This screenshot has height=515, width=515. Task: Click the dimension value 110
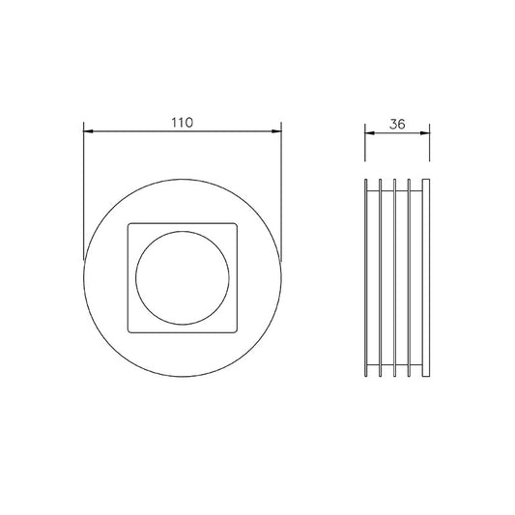point(183,123)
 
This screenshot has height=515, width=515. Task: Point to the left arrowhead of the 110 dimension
point(88,131)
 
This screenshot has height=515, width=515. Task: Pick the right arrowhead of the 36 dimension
point(428,131)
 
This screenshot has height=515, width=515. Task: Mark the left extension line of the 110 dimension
point(84,193)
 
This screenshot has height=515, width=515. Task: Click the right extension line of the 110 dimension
point(280,193)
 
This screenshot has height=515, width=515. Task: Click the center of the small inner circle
point(183,277)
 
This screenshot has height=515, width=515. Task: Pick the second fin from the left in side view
point(381,277)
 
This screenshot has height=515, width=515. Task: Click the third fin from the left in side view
point(396,277)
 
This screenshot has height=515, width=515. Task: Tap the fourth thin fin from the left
point(411,277)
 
